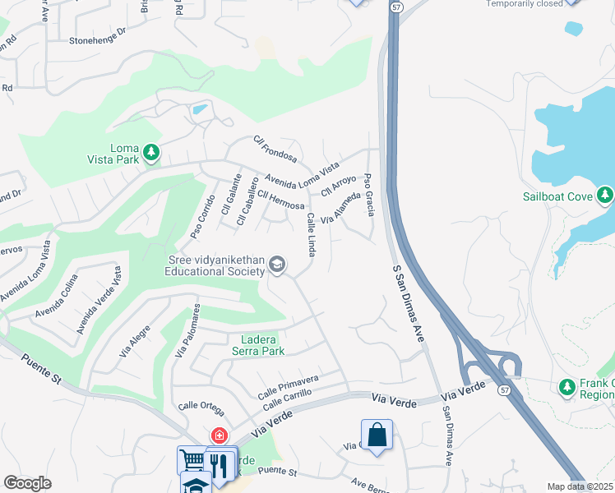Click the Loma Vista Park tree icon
[x=150, y=152]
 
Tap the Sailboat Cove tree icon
[x=606, y=195]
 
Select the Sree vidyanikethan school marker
[x=277, y=264]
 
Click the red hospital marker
[x=219, y=435]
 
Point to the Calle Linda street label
[x=312, y=234]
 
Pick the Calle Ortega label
[x=201, y=405]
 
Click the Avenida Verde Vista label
[x=99, y=300]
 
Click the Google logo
[x=28, y=483]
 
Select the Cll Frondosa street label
[x=275, y=149]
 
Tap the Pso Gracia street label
[x=369, y=196]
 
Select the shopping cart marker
[x=192, y=461]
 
